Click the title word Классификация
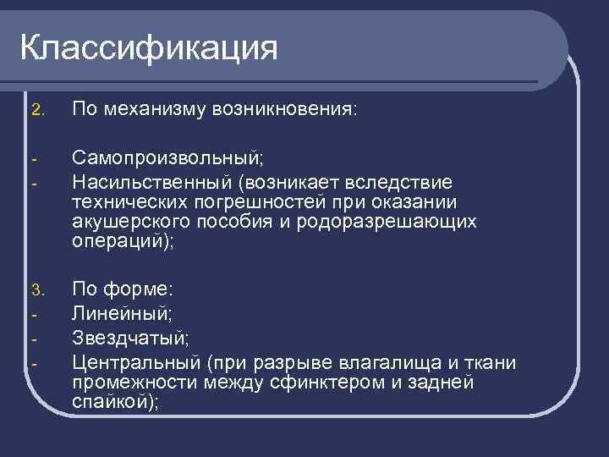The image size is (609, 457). coord(149,48)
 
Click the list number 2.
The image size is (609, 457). coord(36,110)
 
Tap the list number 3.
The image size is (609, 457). coord(36,291)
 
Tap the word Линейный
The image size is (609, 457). coord(121,313)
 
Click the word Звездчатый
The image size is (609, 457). coord(128,338)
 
